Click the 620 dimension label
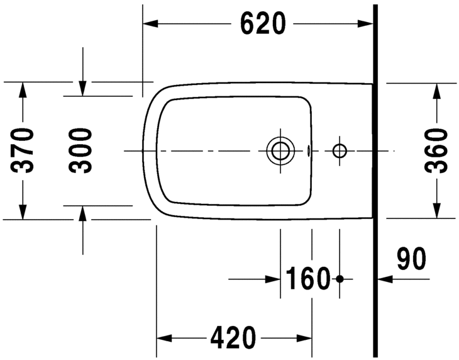point(263,23)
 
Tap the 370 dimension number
point(22,150)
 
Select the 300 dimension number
point(80,150)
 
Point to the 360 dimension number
point(436,150)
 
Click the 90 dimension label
point(411,259)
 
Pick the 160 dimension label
point(308,279)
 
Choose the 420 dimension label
point(233,338)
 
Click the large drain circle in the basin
point(280,137)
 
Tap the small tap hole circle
point(340,145)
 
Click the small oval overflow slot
point(308,150)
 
